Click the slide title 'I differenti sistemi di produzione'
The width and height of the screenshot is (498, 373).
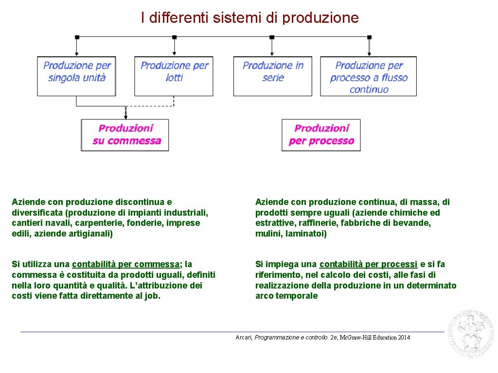(x=249, y=18)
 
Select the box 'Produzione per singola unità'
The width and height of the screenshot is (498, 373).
(x=76, y=76)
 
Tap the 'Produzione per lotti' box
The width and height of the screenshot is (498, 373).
(x=174, y=76)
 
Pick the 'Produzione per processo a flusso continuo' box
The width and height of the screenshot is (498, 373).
(x=369, y=76)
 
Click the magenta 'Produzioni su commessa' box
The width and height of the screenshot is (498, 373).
(x=125, y=135)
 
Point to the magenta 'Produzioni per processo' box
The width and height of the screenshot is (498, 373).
(x=321, y=135)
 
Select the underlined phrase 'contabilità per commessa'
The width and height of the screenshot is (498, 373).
(x=126, y=264)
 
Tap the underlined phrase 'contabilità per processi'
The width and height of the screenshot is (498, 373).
(x=368, y=264)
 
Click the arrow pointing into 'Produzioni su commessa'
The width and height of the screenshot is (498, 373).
(x=125, y=114)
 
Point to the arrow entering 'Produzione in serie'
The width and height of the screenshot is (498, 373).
(x=272, y=49)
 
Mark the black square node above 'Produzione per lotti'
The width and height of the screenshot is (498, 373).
(x=174, y=37)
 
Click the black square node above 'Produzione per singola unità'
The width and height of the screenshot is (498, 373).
(x=77, y=37)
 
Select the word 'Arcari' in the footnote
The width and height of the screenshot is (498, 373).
(x=244, y=338)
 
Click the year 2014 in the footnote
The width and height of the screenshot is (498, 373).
(x=404, y=338)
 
